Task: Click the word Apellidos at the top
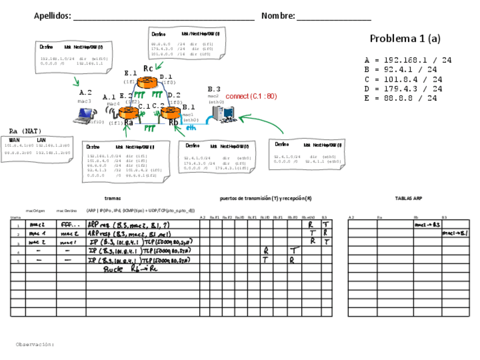tap(52, 16)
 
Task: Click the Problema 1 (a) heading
tap(405, 38)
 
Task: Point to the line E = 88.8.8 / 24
tap(401, 98)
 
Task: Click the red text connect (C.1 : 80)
tap(251, 96)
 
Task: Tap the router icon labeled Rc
tap(148, 82)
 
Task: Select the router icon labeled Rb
tap(170, 112)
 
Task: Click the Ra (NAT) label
tap(25, 131)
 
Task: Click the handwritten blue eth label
tap(191, 128)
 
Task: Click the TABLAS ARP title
tap(408, 199)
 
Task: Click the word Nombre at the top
tap(277, 16)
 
